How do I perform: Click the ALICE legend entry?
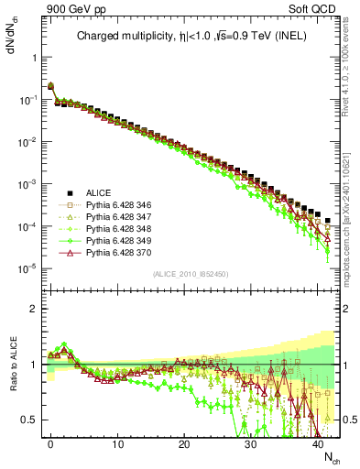(x=99, y=192)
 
